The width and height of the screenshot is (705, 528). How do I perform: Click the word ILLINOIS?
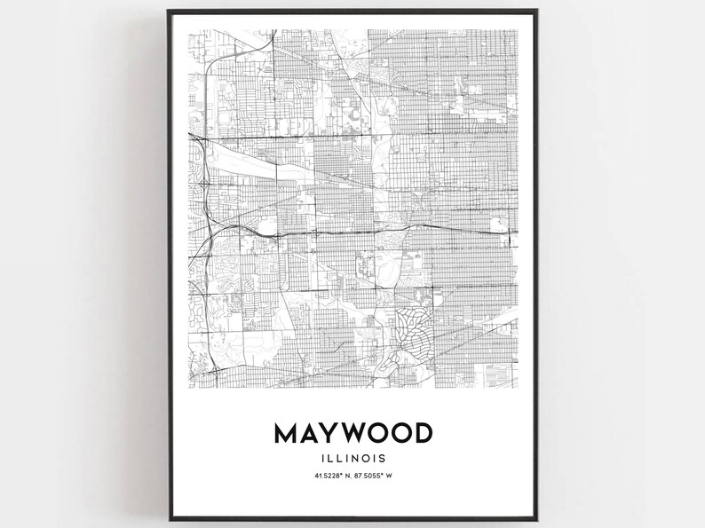point(353,459)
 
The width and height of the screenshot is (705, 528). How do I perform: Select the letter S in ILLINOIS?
point(383,459)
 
